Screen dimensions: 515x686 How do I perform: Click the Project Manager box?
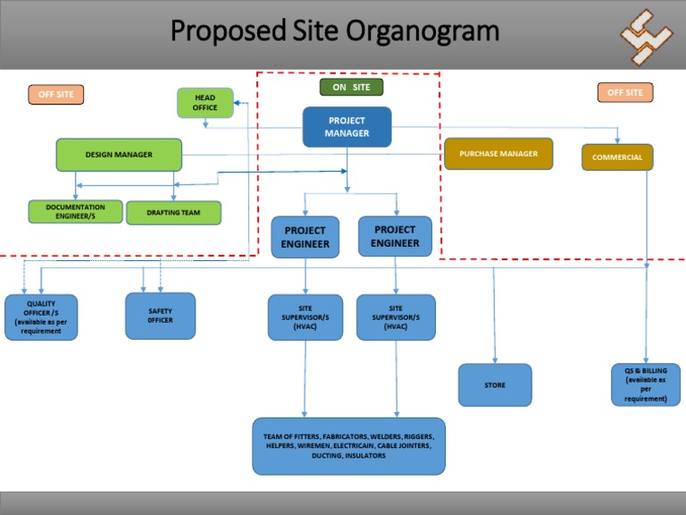point(347,127)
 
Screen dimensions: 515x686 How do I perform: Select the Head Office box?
point(205,103)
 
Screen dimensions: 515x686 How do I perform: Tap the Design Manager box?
point(119,155)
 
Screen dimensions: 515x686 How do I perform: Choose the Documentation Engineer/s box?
point(76,212)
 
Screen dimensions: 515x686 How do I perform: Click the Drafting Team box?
point(173,213)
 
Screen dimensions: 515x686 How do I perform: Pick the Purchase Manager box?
point(498,154)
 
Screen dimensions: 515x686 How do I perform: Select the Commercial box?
point(616,157)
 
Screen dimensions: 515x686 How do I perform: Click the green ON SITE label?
point(351,87)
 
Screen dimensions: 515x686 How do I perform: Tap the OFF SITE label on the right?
point(624,92)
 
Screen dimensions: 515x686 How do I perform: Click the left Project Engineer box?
point(305,237)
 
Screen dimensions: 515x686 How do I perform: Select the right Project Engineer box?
point(395,236)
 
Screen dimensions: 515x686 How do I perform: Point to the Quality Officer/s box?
point(41,317)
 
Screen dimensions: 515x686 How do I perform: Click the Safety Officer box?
point(161,316)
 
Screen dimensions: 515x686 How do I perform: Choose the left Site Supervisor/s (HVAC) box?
point(305,317)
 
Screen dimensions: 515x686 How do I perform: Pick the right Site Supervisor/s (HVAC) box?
point(396,317)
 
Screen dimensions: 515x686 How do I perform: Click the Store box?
point(495,385)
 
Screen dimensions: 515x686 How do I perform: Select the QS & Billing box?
point(646,384)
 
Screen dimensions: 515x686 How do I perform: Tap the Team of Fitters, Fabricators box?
point(348,446)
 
